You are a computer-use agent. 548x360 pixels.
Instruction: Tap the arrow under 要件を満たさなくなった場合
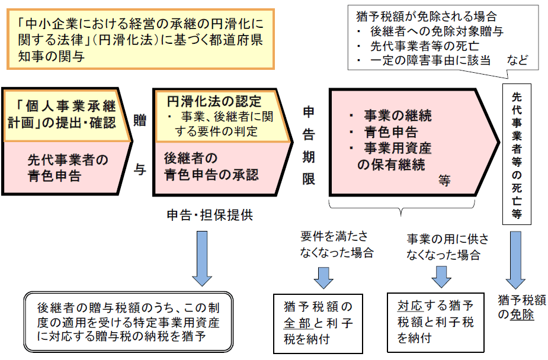point(323,277)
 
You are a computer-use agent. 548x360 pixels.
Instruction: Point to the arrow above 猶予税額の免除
point(516,258)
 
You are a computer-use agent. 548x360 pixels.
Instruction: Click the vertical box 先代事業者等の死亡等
point(516,154)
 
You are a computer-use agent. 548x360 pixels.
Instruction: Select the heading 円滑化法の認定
point(213,100)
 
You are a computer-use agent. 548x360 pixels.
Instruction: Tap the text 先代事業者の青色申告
point(68,168)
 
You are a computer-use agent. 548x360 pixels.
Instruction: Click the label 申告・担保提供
point(210,214)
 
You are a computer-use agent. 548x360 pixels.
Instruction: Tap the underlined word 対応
point(409,307)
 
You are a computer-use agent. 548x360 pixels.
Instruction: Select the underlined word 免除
point(523,315)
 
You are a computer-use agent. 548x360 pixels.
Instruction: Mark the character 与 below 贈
point(140,169)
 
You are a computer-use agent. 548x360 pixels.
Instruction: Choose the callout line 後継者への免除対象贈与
point(436,31)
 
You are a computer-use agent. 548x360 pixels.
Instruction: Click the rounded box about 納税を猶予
point(128,322)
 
